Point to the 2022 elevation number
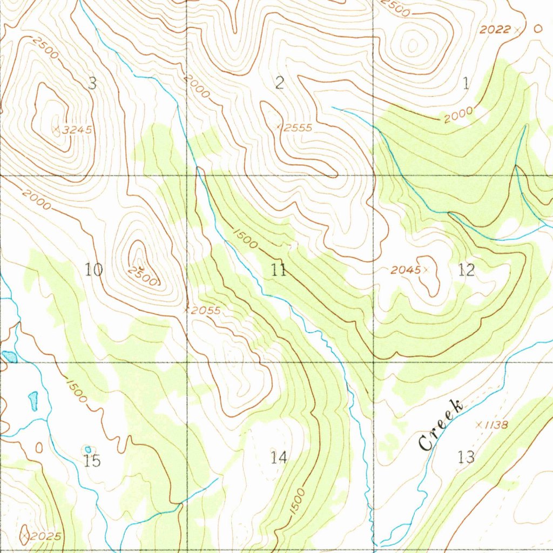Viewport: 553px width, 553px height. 495,30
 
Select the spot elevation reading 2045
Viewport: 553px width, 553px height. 406,269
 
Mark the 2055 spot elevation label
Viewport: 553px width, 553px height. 206,311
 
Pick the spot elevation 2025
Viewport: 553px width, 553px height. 45,536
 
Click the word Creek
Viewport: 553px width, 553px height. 441,426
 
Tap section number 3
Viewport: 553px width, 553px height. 92,83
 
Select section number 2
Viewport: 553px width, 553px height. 279,83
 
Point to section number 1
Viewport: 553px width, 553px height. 466,83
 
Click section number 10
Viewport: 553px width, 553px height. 94,269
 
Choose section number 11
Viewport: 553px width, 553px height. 279,269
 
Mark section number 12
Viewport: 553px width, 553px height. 466,269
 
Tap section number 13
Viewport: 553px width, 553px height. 466,457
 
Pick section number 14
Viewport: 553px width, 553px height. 279,458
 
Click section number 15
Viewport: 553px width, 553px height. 93,461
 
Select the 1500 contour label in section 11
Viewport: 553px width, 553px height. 246,238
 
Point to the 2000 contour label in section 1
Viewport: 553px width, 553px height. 459,115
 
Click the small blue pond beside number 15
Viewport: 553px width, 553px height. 87,449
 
